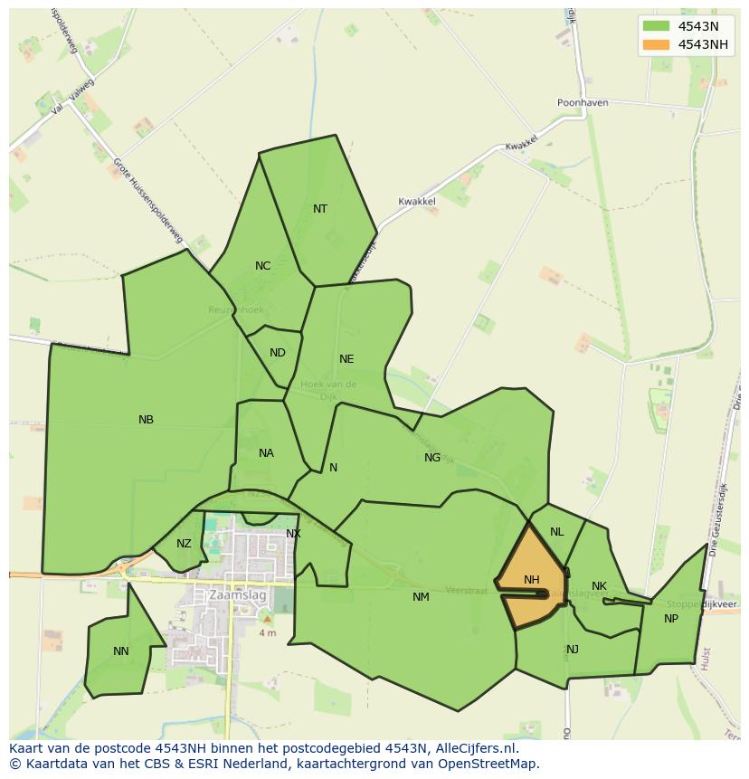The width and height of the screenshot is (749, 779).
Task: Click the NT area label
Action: coord(320,209)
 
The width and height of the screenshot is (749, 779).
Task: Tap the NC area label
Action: coord(262,266)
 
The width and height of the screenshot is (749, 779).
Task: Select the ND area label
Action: coord(278,353)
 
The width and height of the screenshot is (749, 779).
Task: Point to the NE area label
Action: coord(346,359)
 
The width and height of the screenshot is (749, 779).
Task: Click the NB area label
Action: coord(146,420)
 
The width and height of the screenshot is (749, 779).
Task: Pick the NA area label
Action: coord(266,453)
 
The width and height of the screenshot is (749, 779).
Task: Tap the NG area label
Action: coord(432,458)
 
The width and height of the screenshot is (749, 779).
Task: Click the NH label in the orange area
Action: coord(531,580)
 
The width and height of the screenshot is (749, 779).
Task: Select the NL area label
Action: coord(556,532)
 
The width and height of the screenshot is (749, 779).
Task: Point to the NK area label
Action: coord(599,586)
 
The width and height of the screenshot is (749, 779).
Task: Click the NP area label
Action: coord(670,619)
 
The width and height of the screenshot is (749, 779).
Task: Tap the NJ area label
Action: coord(573,650)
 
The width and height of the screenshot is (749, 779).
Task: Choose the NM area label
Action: coord(421,597)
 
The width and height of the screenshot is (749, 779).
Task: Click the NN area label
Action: coord(121,651)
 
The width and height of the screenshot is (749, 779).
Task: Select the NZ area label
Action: coord(184,544)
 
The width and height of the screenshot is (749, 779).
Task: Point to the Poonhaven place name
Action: coord(583,103)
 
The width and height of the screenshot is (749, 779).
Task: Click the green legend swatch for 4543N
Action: coord(656,26)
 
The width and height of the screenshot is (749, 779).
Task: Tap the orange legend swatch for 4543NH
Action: coord(656,44)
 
